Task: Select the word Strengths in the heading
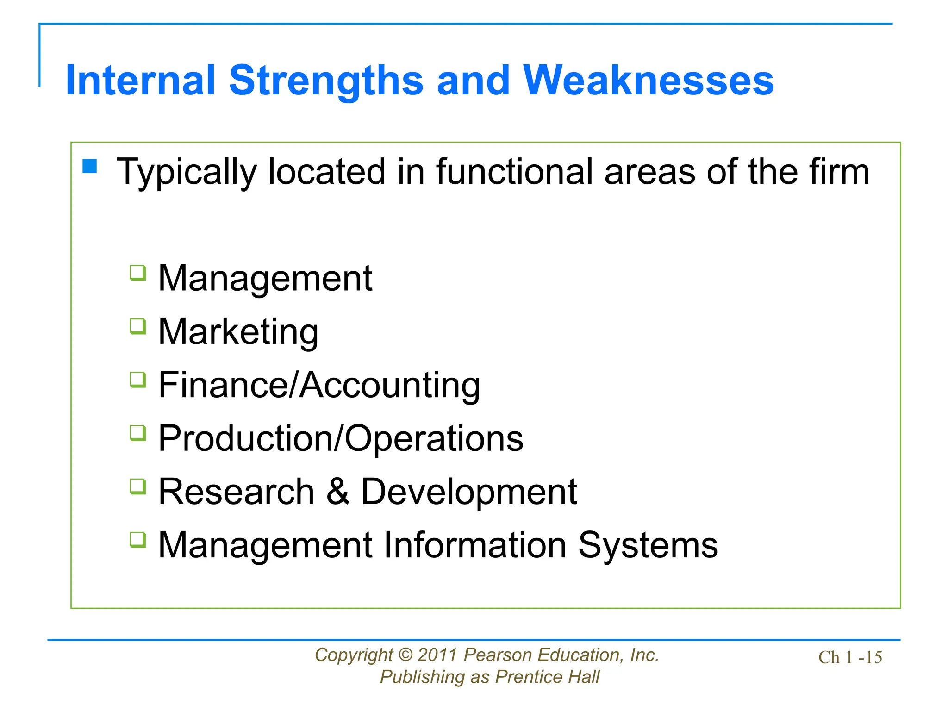(x=326, y=81)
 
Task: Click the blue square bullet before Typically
(x=90, y=166)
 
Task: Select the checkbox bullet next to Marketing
(x=137, y=327)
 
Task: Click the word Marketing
(x=238, y=332)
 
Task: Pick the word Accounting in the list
(x=390, y=385)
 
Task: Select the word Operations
(x=434, y=438)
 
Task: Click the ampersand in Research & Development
(x=337, y=492)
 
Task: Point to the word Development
(x=468, y=492)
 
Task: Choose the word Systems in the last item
(x=648, y=546)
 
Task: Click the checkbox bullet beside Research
(x=137, y=486)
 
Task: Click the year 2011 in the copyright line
(x=437, y=655)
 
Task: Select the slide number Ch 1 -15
(x=850, y=658)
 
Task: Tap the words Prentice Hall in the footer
(x=547, y=677)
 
